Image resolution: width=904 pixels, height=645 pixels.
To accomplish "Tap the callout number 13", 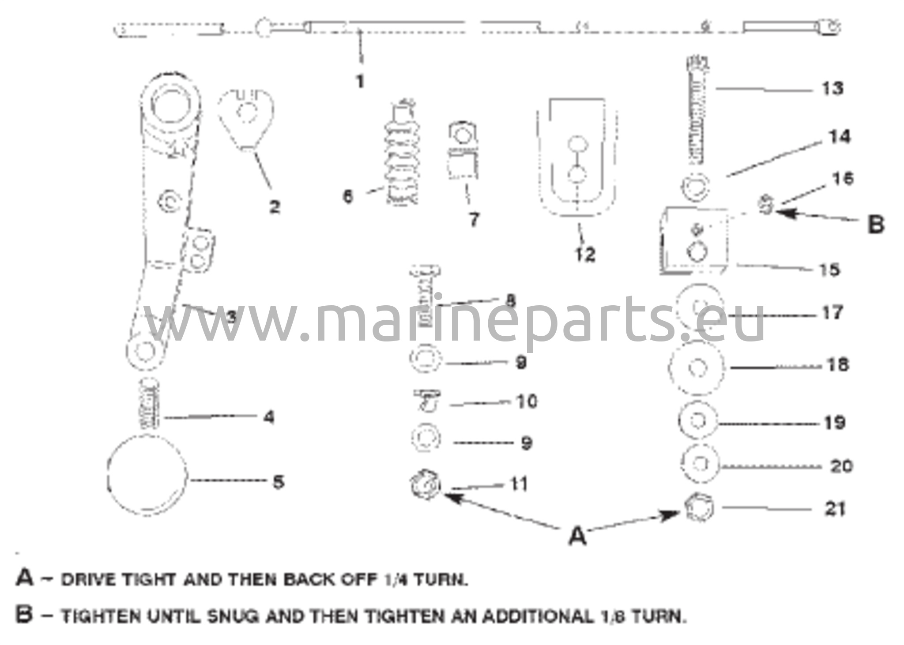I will point(832,88).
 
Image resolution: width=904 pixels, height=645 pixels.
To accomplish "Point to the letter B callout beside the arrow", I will point(876,224).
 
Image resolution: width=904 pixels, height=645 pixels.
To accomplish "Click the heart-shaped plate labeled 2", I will point(245,118).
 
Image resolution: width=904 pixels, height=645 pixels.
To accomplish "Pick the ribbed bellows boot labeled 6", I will point(401,159).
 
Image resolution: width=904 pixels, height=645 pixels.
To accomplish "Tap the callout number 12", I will point(585,254).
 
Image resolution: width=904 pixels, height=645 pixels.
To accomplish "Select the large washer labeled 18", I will point(697,367).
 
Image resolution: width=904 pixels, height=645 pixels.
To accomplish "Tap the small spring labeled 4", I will point(150,405).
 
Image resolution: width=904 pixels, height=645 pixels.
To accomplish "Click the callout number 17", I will point(832,313).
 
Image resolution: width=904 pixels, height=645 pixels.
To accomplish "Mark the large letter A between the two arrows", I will point(577,536).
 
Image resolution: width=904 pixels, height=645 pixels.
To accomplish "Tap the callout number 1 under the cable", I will point(360,82).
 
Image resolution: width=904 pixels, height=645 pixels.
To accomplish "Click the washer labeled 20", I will point(699,464).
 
